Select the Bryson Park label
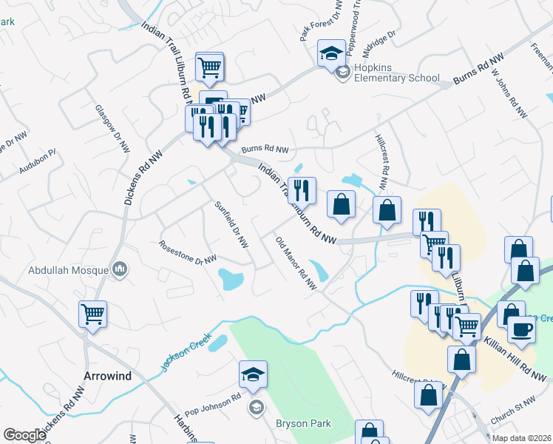click(303, 423)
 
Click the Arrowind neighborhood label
click(107, 376)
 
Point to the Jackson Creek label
click(182, 351)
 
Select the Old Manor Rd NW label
click(295, 263)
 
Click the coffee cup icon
click(521, 328)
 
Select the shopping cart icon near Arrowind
click(92, 314)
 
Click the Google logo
click(24, 435)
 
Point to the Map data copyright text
click(520, 438)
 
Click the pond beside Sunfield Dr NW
click(230, 280)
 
